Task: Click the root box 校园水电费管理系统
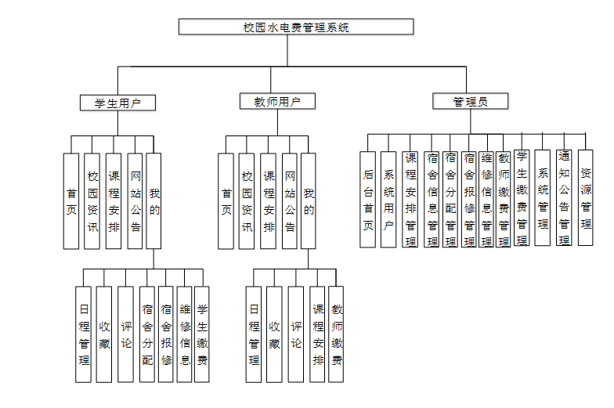[x=296, y=27]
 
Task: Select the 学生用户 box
[x=118, y=102]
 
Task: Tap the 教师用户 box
[x=278, y=102]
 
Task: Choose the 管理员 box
[x=470, y=102]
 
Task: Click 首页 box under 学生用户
[x=71, y=200]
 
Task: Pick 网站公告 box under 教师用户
[x=290, y=200]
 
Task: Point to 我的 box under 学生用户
[x=154, y=200]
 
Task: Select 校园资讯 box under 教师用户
[x=247, y=200]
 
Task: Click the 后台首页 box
[x=368, y=200]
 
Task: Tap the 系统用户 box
[x=388, y=200]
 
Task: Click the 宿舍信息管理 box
[x=432, y=200]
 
